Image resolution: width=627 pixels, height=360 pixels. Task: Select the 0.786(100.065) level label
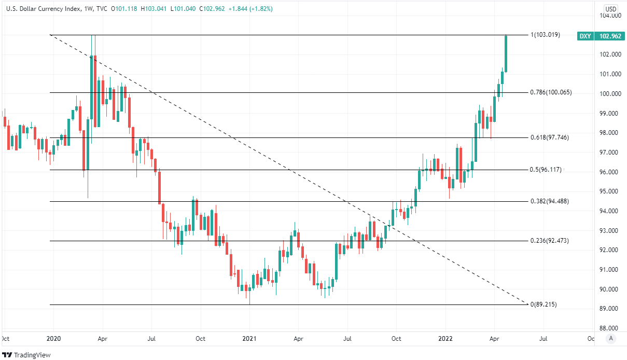point(550,92)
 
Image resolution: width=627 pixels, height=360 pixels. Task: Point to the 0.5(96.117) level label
point(547,170)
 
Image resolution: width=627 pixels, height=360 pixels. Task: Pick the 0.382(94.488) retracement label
point(549,201)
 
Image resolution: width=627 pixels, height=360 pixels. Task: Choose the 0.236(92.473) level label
point(549,241)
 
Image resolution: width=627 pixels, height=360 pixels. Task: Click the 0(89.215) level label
point(543,304)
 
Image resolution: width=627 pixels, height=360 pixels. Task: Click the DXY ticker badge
point(584,36)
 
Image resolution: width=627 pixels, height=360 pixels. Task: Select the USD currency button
point(611,9)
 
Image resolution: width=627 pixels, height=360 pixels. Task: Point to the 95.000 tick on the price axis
point(610,191)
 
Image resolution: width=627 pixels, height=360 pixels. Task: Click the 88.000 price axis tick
point(610,328)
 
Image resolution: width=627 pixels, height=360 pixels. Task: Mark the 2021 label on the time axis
point(249,339)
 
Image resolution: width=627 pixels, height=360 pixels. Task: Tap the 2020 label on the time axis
point(54,339)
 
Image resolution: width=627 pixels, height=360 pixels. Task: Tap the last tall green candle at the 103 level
point(506,53)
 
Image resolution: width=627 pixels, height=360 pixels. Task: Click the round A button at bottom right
point(611,339)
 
